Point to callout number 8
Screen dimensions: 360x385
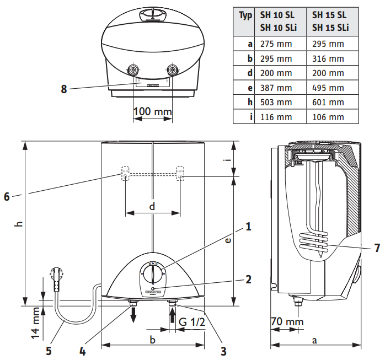[x=65, y=89]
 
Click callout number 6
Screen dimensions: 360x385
[x=7, y=196]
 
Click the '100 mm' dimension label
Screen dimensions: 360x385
[x=153, y=112]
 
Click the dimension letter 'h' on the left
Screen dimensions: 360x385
[x=18, y=223]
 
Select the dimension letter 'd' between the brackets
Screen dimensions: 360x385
[x=152, y=206]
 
